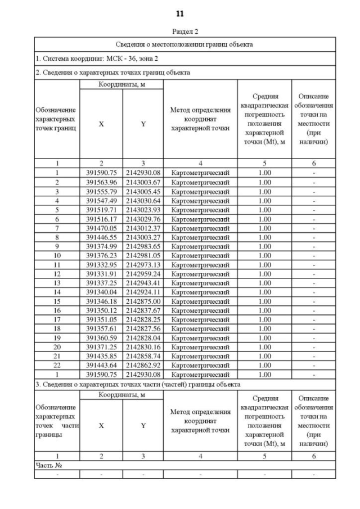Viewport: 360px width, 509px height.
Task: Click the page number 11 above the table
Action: (180, 13)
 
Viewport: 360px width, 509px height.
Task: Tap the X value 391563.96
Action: (101, 183)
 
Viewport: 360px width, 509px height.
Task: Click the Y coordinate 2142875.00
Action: (143, 301)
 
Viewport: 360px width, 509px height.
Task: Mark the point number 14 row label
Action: (57, 293)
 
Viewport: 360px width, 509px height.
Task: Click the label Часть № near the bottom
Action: (47, 466)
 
